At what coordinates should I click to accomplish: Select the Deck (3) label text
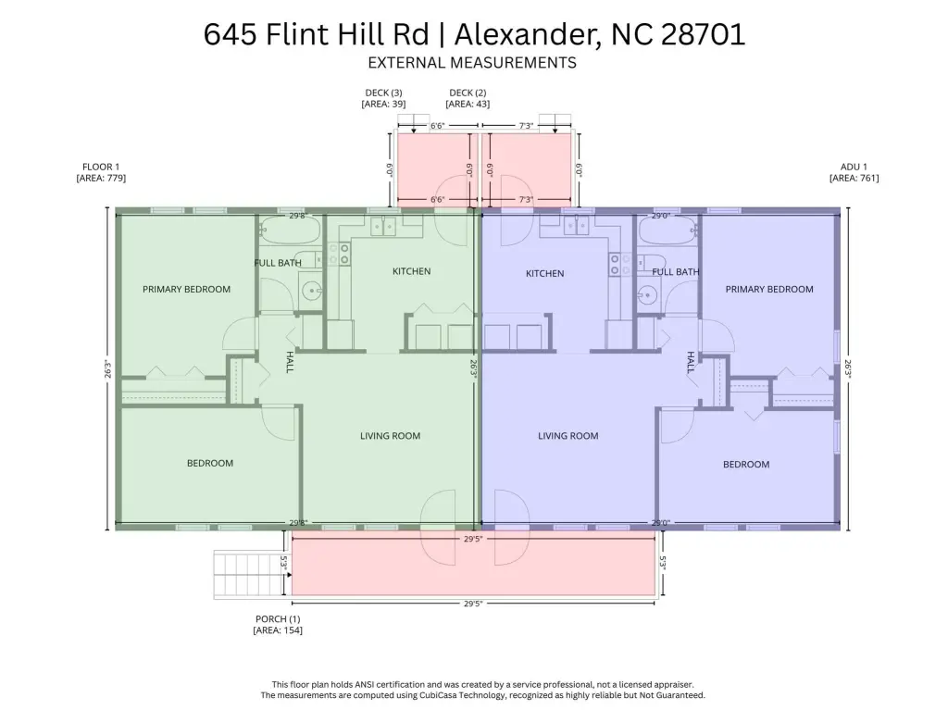(383, 93)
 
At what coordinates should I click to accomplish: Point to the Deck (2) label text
(468, 93)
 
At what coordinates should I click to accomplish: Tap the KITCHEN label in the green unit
(412, 271)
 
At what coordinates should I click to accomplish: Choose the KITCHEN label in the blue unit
(544, 273)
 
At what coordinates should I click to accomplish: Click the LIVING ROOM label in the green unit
(390, 435)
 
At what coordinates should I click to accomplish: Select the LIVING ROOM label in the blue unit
(568, 435)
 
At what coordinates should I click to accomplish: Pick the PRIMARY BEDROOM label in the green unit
(186, 289)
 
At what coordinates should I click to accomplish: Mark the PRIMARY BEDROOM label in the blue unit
(769, 289)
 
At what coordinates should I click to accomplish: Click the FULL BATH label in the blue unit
(675, 272)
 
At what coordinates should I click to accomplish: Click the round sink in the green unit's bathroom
(311, 291)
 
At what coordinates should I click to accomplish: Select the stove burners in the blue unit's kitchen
(615, 265)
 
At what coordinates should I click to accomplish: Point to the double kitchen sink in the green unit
(383, 226)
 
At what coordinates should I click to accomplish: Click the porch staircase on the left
(248, 575)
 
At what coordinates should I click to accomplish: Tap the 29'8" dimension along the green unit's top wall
(298, 216)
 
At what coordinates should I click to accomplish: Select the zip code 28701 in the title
(704, 34)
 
